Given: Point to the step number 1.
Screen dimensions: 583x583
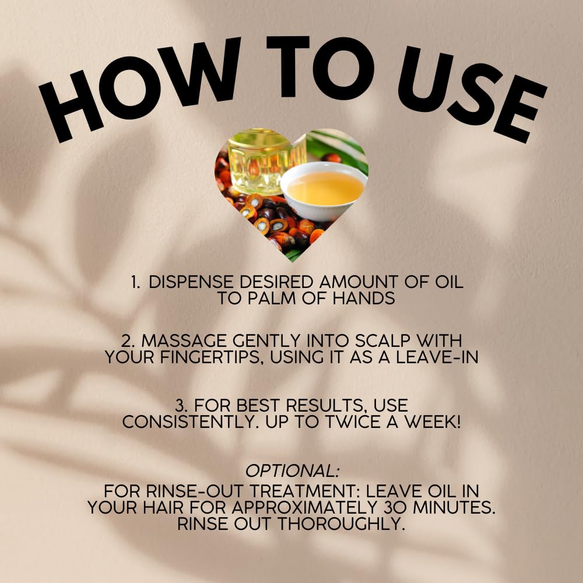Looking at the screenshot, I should pos(135,283).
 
